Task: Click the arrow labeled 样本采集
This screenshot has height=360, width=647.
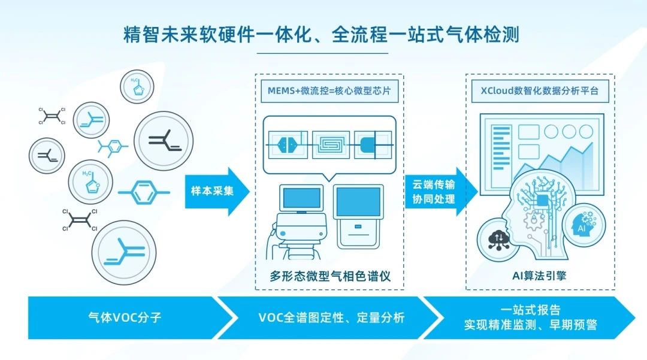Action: (217, 191)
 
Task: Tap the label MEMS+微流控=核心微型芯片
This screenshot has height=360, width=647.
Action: (329, 90)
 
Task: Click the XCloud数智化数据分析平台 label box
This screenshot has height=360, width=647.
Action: (540, 90)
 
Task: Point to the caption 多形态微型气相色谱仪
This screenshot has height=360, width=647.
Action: (330, 276)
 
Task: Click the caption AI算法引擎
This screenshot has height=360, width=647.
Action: (539, 276)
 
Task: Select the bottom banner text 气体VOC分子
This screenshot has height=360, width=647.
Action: (125, 317)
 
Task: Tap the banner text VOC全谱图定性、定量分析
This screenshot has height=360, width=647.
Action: (331, 317)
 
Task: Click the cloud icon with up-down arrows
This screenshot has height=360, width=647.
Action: (498, 240)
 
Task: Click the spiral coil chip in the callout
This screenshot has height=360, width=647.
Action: (331, 144)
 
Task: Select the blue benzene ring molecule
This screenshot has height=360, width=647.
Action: (144, 192)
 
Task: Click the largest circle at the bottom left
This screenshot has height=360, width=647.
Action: (124, 252)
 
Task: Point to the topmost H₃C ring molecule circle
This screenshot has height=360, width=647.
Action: (137, 87)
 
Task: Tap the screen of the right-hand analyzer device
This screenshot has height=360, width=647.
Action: (358, 202)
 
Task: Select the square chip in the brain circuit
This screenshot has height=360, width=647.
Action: (542, 201)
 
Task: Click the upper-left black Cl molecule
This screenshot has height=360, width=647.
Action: (52, 116)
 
